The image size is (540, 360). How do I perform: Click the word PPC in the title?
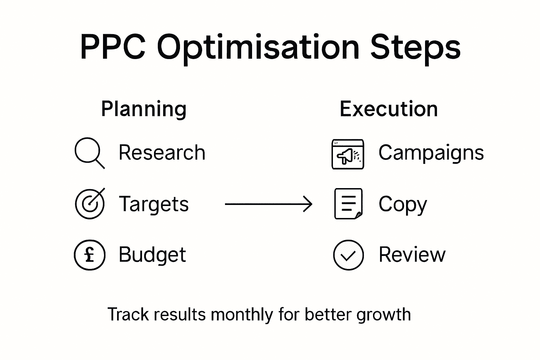point(112,47)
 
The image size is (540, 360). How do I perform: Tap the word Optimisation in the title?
point(258,48)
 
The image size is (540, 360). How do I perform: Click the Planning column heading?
point(143,109)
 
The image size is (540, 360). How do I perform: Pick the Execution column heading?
point(388,109)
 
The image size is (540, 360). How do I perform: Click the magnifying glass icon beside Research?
point(89,153)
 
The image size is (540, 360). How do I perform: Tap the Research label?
point(162,153)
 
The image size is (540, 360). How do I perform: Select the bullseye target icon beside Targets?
point(90,204)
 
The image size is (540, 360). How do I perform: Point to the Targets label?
point(154,204)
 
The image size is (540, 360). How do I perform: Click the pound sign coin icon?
point(90,255)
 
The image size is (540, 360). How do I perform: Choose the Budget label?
point(152,255)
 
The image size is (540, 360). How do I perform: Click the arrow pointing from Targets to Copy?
point(268,204)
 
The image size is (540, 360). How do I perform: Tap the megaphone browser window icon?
point(348,154)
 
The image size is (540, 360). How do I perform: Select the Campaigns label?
point(431,153)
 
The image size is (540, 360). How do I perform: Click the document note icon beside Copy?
point(348,204)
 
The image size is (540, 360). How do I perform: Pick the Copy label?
point(403,205)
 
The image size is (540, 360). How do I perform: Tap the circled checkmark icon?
point(348,255)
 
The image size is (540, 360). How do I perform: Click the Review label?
point(412,255)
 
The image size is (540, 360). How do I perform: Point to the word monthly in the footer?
point(242,314)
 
